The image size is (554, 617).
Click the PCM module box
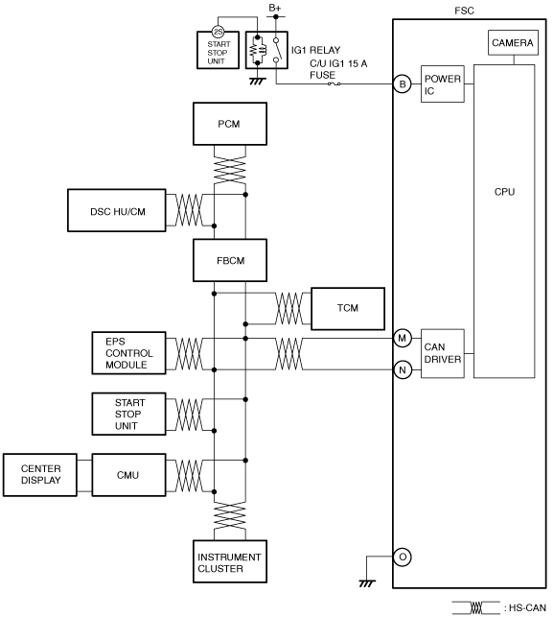(x=230, y=124)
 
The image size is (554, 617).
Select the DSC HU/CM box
(x=117, y=210)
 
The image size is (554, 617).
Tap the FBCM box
(x=230, y=260)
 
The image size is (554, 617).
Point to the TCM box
(x=348, y=309)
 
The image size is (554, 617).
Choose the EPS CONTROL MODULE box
(x=129, y=353)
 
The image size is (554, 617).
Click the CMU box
(x=129, y=475)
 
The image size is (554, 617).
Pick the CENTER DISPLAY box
(x=40, y=475)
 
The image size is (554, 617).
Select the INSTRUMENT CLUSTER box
(x=230, y=561)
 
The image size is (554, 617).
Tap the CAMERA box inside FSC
(x=513, y=42)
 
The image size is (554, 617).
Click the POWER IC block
(x=442, y=84)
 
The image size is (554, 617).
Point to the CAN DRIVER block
(x=442, y=353)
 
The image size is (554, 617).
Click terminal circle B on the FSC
(x=403, y=83)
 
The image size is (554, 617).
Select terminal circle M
(x=403, y=338)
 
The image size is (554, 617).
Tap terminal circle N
(x=403, y=369)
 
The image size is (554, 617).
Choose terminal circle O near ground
(x=403, y=557)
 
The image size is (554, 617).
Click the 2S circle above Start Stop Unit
(x=218, y=32)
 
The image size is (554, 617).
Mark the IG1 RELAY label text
(x=315, y=50)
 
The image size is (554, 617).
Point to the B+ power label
(x=275, y=8)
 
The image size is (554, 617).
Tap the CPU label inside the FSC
(x=504, y=192)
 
